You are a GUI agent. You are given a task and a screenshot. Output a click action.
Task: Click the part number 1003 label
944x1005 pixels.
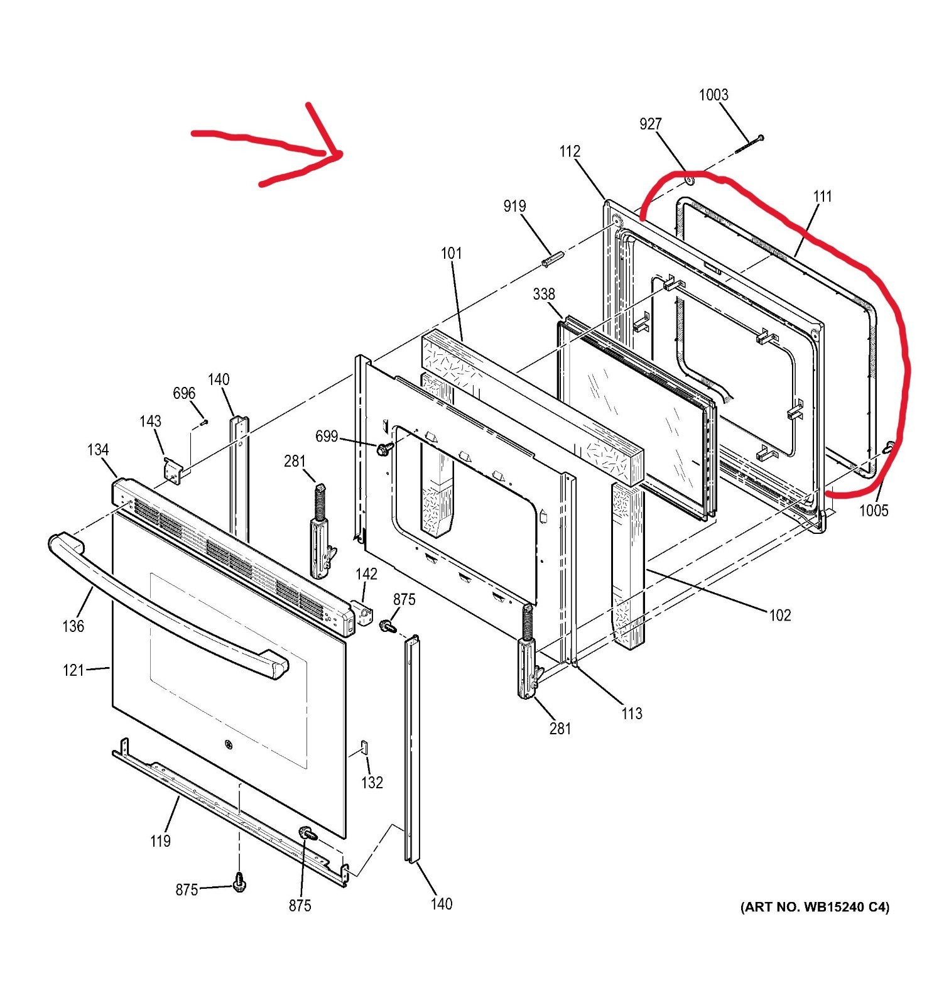coord(713,95)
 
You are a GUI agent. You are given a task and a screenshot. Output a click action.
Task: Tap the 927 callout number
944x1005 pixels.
coord(651,124)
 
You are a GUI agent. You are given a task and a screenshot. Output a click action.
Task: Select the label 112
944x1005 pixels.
coord(570,151)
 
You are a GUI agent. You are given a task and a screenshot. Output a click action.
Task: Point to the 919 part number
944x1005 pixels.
coord(514,206)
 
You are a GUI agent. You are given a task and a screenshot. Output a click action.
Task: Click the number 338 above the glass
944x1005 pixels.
coord(544,294)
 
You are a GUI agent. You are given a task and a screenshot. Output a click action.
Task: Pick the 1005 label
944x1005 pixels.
coord(874,511)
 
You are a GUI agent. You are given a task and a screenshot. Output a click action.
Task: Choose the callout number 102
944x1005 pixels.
coord(780,616)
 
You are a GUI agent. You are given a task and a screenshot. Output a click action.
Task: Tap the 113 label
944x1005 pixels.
coord(632,714)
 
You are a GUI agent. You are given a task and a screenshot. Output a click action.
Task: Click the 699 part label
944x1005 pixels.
coord(327,437)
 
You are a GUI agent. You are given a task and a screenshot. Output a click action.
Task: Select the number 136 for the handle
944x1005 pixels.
coord(73,626)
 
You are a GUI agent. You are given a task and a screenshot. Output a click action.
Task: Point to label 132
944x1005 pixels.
coord(372,783)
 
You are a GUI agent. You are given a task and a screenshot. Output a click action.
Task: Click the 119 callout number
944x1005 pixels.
coord(160,841)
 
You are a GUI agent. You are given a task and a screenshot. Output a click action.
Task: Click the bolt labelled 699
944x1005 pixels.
coord(382,449)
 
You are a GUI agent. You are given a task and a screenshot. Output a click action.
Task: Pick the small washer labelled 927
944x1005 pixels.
coord(689,180)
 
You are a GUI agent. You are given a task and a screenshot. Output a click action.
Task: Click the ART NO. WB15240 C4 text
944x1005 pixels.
coord(815,907)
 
